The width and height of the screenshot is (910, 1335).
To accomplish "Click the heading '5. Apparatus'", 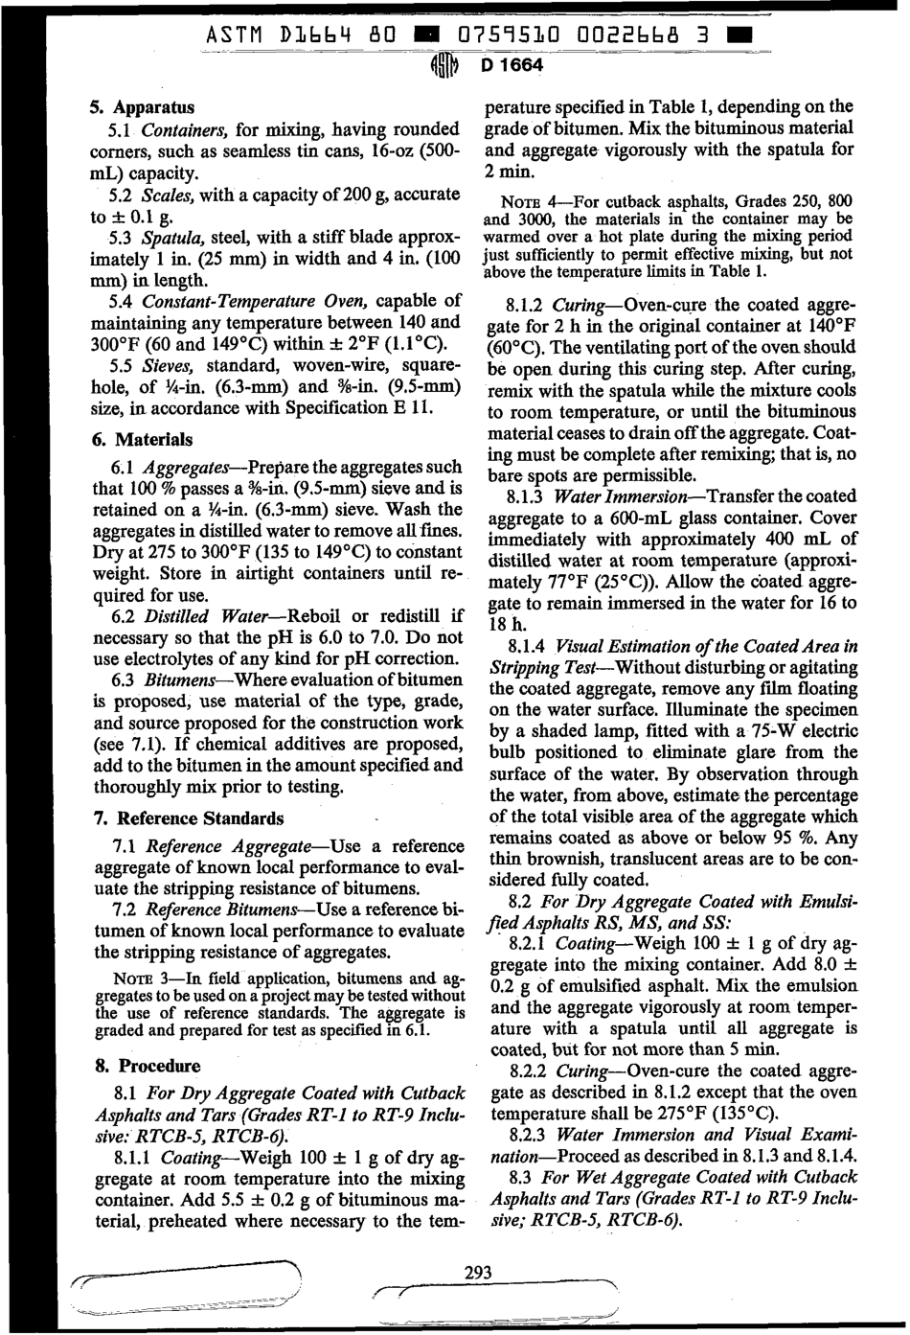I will [144, 107].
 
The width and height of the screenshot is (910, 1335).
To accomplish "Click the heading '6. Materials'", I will [143, 440].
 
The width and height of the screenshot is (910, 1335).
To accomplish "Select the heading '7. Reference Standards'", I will [189, 818].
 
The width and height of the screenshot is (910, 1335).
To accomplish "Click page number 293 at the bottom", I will [477, 1273].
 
